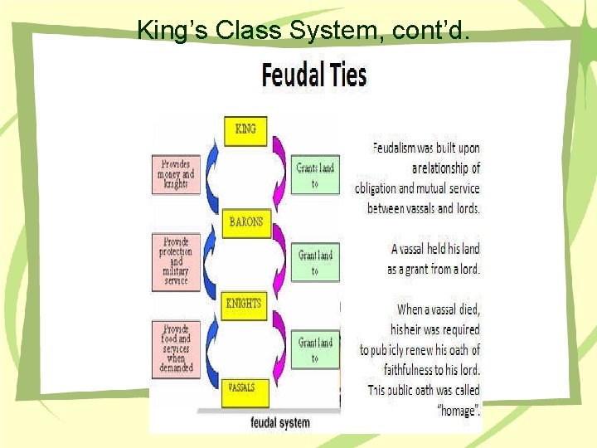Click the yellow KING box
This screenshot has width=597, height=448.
pyautogui.click(x=246, y=129)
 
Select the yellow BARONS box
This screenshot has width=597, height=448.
pyautogui.click(x=246, y=222)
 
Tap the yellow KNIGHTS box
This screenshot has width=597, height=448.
pyautogui.click(x=244, y=304)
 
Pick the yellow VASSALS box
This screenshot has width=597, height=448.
pyautogui.click(x=241, y=388)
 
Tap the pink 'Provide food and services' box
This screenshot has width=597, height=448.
pyautogui.click(x=176, y=348)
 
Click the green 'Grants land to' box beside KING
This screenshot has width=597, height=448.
pyautogui.click(x=314, y=174)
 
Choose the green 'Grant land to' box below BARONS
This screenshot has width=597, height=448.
pyautogui.click(x=315, y=262)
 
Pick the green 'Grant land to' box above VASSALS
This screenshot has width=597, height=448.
pyautogui.click(x=315, y=349)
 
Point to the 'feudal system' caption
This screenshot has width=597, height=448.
pyautogui.click(x=280, y=422)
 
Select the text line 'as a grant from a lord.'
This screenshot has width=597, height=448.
pyautogui.click(x=433, y=269)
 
